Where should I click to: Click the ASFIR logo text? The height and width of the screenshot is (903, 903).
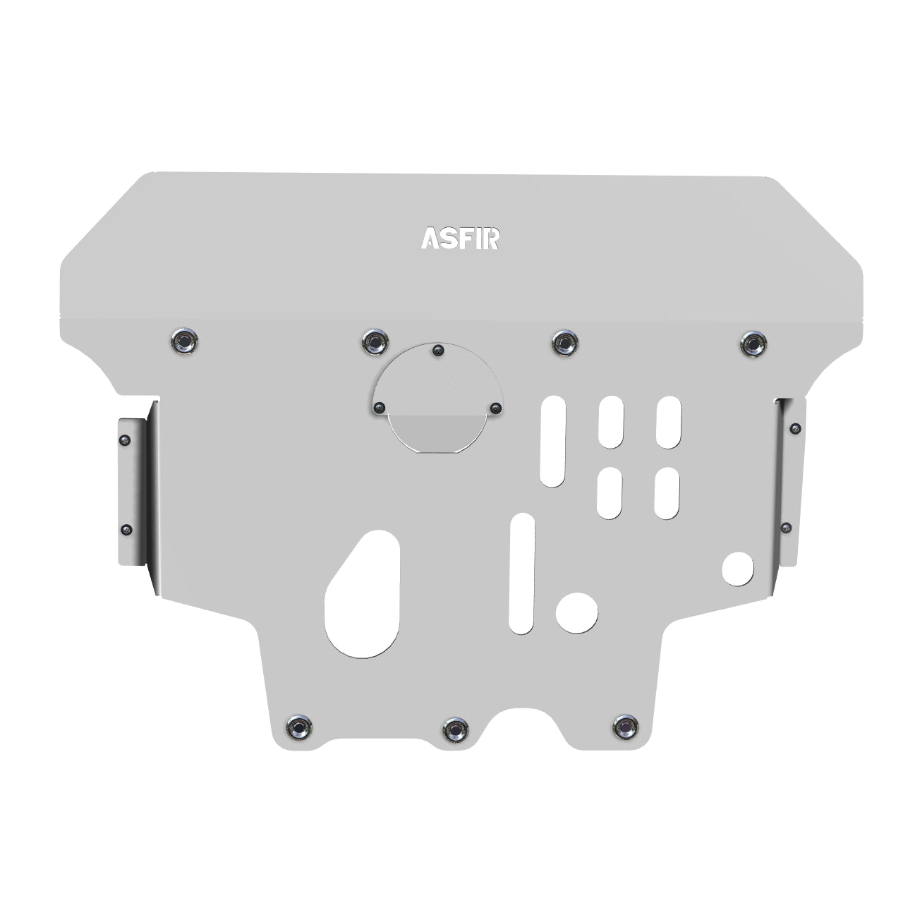pos(461,238)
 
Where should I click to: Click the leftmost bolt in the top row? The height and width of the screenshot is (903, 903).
pos(184,341)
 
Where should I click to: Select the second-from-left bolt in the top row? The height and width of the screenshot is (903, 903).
pos(375,341)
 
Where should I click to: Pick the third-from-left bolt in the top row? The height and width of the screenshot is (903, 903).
pos(564,342)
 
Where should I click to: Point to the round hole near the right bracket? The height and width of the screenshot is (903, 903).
pos(738,568)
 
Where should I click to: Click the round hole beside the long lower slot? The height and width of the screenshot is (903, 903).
pos(576,612)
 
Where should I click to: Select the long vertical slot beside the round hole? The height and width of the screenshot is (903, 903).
pos(522,572)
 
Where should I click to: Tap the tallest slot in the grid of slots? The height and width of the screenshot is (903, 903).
pos(553,441)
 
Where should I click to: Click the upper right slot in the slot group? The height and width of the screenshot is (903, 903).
pos(667,421)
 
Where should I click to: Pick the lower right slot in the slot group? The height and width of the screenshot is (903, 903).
pos(666,493)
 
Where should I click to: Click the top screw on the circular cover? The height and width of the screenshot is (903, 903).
pos(438,350)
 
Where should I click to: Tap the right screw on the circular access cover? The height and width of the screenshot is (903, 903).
pos(495,408)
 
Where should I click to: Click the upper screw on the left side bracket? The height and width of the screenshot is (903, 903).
pos(126,440)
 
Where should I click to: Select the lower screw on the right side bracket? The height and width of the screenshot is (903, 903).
pos(786,526)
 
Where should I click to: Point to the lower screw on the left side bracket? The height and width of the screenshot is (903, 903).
pos(126,529)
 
